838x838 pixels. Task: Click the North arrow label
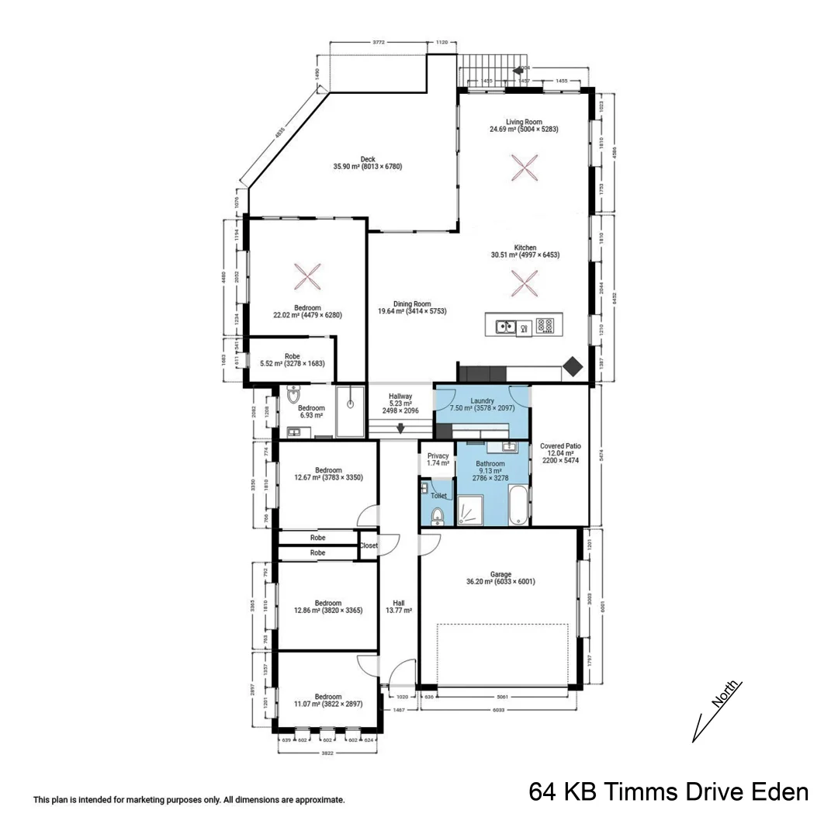(x=726, y=694)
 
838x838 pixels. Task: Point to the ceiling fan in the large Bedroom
(x=307, y=276)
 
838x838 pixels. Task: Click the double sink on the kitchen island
(x=506, y=327)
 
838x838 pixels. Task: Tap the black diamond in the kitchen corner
(x=573, y=366)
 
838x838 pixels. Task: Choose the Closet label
(x=369, y=545)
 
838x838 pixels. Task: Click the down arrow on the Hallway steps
(x=400, y=428)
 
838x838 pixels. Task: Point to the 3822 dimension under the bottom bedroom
(x=327, y=753)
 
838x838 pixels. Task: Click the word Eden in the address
(x=781, y=792)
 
